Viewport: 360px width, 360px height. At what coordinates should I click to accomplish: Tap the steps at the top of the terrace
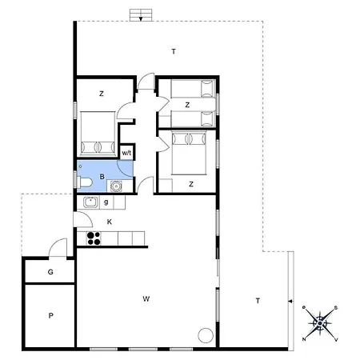click(x=141, y=15)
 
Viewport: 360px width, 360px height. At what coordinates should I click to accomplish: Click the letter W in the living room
click(x=146, y=298)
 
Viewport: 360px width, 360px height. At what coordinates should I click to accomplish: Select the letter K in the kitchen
click(x=109, y=222)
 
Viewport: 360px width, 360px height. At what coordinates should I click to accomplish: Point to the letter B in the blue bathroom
click(x=102, y=175)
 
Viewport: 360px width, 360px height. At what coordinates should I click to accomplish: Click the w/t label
click(x=126, y=153)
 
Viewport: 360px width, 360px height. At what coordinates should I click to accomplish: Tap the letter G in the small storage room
click(x=50, y=273)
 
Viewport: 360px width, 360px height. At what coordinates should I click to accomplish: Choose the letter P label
click(x=50, y=316)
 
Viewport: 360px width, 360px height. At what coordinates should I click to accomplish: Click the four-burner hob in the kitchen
click(x=94, y=238)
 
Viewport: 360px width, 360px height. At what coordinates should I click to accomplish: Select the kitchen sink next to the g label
click(x=90, y=202)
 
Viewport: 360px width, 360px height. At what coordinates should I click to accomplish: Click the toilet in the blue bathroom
click(x=84, y=182)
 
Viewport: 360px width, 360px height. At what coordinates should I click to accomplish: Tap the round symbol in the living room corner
click(x=205, y=336)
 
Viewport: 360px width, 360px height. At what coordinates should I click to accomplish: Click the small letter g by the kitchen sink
click(x=106, y=202)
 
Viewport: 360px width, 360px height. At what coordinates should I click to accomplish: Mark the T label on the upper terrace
click(x=173, y=51)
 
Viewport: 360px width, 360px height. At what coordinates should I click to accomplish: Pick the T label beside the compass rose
click(x=257, y=300)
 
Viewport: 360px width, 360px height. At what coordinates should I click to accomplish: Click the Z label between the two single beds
click(x=187, y=105)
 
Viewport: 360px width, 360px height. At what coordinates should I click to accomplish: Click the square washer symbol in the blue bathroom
click(x=117, y=187)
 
